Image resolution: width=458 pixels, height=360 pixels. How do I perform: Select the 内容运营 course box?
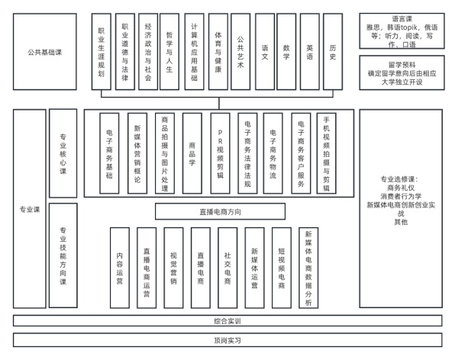[120, 268]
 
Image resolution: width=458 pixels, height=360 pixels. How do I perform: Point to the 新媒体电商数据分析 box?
[308, 268]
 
